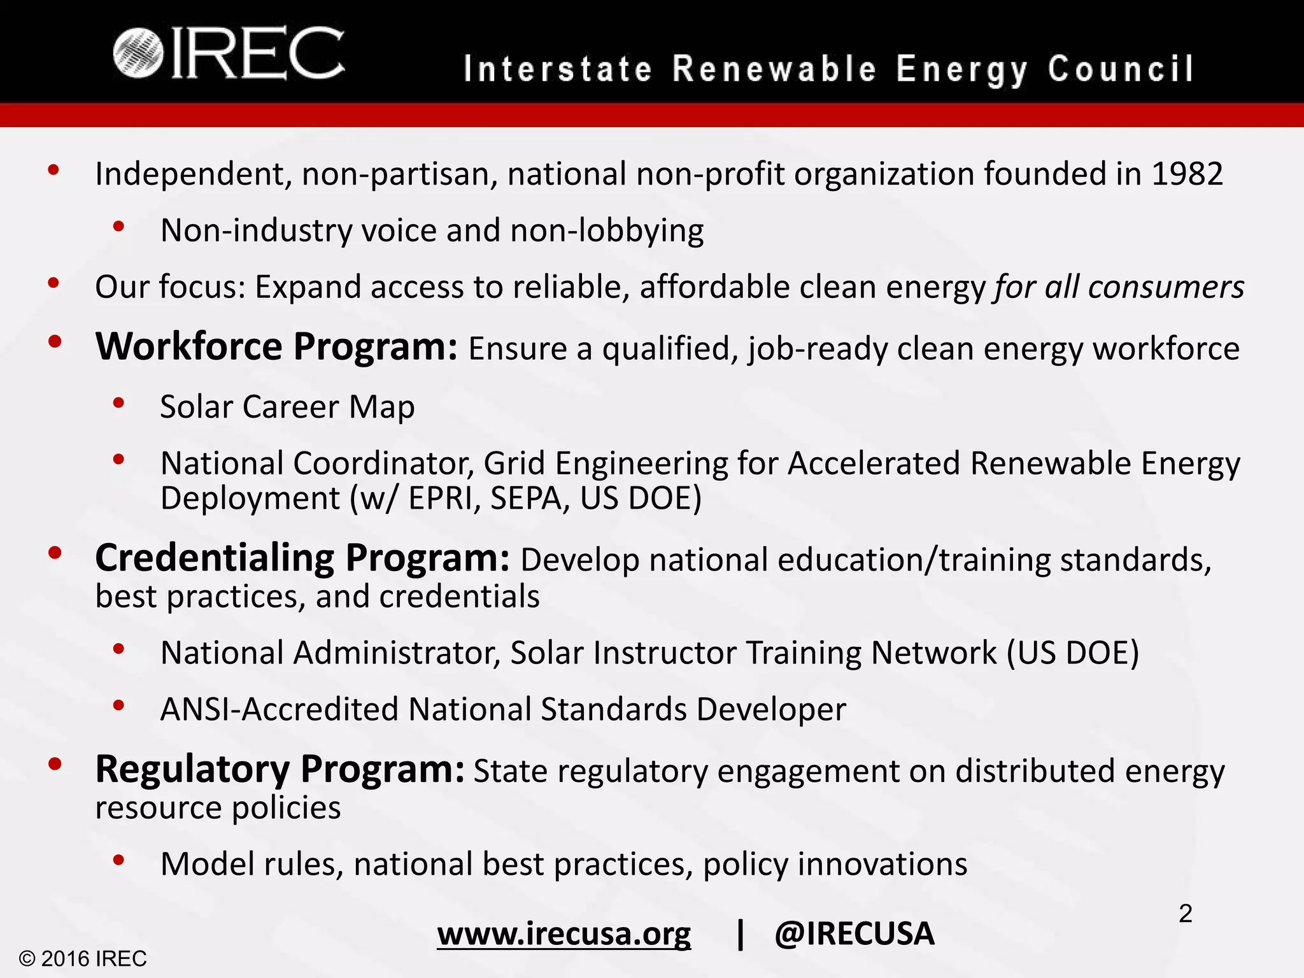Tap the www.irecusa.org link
tap(563, 934)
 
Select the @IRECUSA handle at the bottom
tap(854, 934)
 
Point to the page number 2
tap(1185, 914)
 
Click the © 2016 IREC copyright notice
tap(83, 958)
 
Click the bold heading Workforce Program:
tap(276, 347)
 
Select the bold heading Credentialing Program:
tap(302, 558)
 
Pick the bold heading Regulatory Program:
tap(280, 769)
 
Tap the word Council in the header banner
tap(1121, 69)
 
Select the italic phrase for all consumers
tap(1119, 287)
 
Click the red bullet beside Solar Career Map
tap(118, 402)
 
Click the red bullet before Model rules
tap(118, 860)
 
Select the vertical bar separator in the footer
tap(740, 934)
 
